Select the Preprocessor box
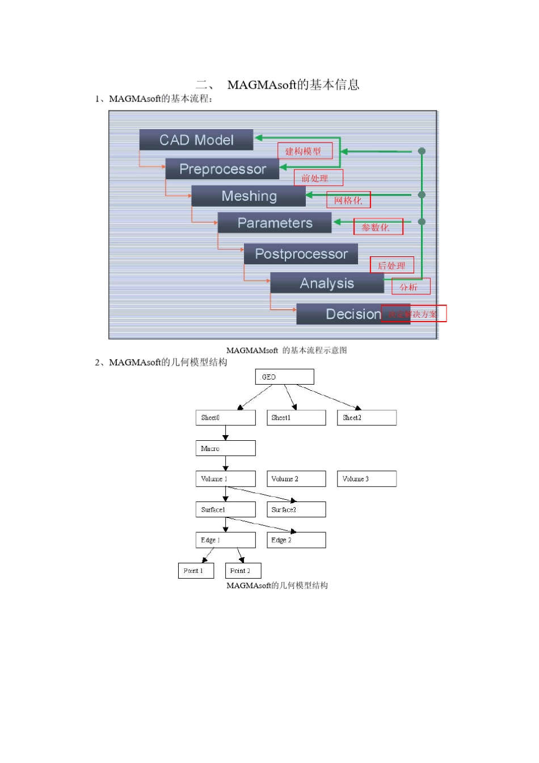pyautogui.click(x=222, y=169)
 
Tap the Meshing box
pyautogui.click(x=249, y=196)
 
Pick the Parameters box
pyautogui.click(x=275, y=223)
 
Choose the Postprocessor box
pyautogui.click(x=301, y=254)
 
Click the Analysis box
pyautogui.click(x=327, y=283)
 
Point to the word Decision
pyautogui.click(x=353, y=314)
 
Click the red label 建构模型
pyautogui.click(x=305, y=151)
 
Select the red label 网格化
pyautogui.click(x=348, y=200)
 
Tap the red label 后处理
pyautogui.click(x=392, y=265)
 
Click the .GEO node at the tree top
pyautogui.click(x=284, y=377)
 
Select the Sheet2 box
pyautogui.click(x=367, y=418)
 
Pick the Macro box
pyautogui.click(x=225, y=448)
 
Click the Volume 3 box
pyautogui.click(x=367, y=479)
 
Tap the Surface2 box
pyautogui.click(x=296, y=509)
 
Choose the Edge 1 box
pyautogui.click(x=225, y=540)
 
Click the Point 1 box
pyautogui.click(x=196, y=571)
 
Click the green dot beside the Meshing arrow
pyautogui.click(x=422, y=195)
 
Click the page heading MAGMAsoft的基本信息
pyautogui.click(x=293, y=85)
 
